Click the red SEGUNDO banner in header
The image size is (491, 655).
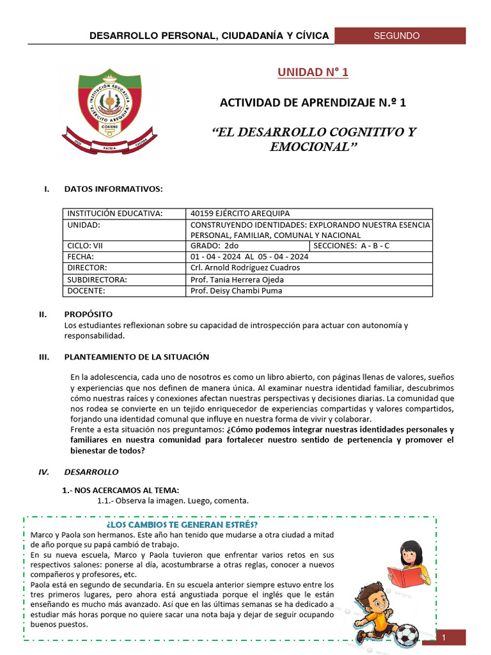pos(396,36)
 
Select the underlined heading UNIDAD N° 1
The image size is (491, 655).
pos(313,72)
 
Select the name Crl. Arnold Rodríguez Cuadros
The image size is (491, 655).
pos(245,267)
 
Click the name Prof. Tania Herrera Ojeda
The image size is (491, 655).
pos(237,280)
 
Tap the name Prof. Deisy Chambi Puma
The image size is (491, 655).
pos(236,291)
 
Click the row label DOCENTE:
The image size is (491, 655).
pos(87,291)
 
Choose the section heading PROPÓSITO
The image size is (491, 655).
pos(88,314)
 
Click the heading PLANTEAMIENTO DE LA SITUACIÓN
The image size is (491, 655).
pos(137,357)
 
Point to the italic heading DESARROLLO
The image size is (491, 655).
pos(91,472)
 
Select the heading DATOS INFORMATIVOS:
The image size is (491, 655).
pos(113,189)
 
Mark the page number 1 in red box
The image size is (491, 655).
pos(443,637)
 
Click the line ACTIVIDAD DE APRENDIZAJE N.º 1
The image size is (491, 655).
pos(313,102)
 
